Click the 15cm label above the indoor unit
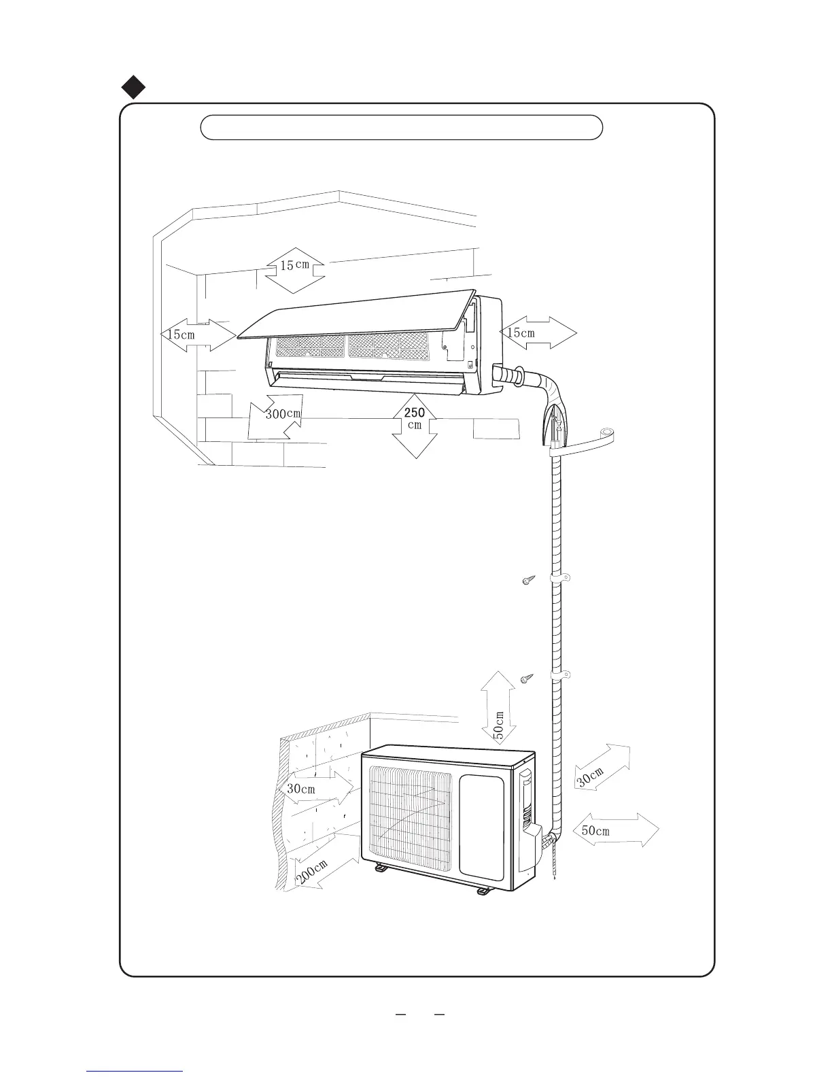pyautogui.click(x=294, y=266)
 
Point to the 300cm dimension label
pyautogui.click(x=282, y=413)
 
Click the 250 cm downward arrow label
pyautogui.click(x=415, y=418)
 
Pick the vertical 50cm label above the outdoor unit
pyautogui.click(x=498, y=725)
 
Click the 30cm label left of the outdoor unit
pyautogui.click(x=300, y=789)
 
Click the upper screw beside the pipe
pyautogui.click(x=527, y=580)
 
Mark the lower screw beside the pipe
pyautogui.click(x=527, y=678)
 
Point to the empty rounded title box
pyautogui.click(x=401, y=127)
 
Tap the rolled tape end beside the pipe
pyautogui.click(x=604, y=433)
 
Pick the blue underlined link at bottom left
pyautogui.click(x=135, y=1070)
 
